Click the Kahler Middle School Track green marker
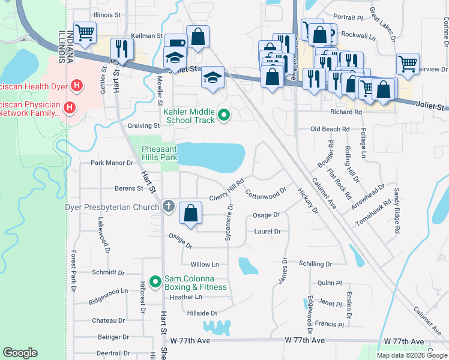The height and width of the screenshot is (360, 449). [x=224, y=114]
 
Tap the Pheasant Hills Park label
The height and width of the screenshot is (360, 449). [x=160, y=153]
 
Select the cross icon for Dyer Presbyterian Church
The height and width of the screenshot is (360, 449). [x=169, y=206]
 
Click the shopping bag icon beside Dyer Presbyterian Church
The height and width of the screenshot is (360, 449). [x=190, y=212]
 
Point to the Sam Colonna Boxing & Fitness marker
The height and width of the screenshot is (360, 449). [x=155, y=281]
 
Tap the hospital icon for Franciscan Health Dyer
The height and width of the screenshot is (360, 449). [x=76, y=86]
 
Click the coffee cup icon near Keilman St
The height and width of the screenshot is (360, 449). [x=176, y=43]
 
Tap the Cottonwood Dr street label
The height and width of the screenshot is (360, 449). [x=267, y=194]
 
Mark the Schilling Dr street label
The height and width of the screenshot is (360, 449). [x=315, y=264]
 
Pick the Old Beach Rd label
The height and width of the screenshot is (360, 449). [x=330, y=129]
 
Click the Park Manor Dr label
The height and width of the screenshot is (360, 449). [x=111, y=163]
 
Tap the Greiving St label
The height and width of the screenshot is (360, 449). [x=143, y=126]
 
